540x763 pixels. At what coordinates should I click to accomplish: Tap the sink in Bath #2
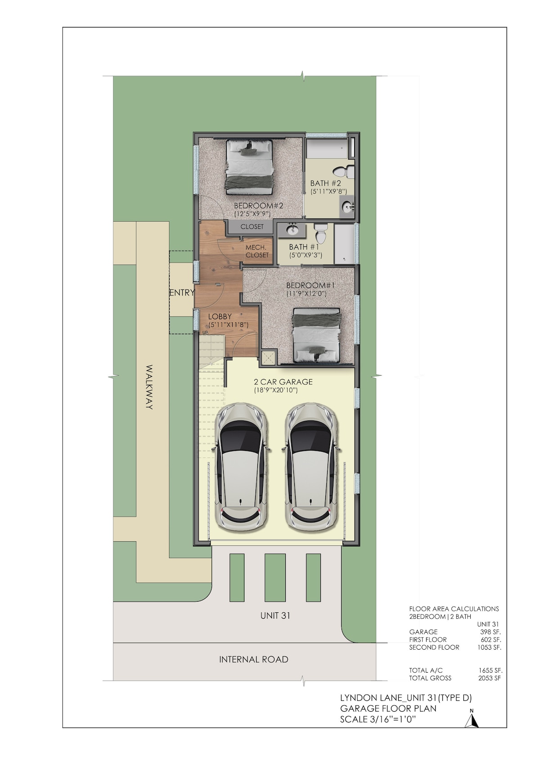[348, 206]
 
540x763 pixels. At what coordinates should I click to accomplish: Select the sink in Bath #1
[292, 230]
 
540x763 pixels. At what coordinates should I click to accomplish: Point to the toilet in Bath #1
[320, 232]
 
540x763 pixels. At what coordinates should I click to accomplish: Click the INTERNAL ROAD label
[254, 659]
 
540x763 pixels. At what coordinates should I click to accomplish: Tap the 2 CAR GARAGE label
[283, 382]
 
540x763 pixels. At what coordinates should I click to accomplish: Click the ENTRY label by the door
[182, 292]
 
